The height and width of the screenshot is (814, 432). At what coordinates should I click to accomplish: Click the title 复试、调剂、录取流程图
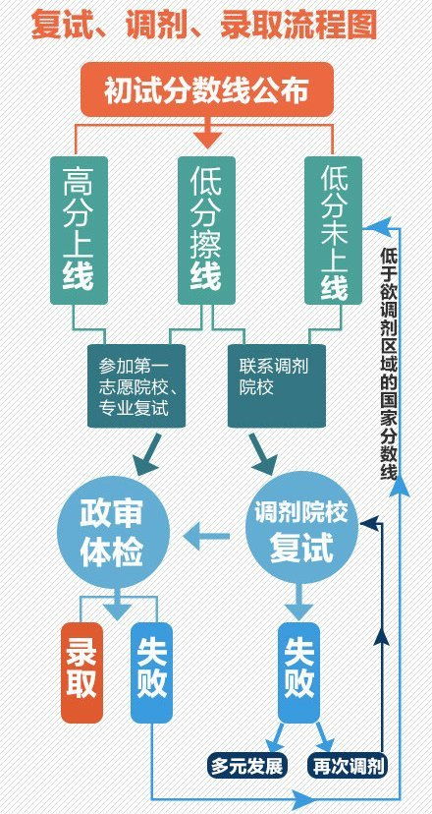pyautogui.click(x=204, y=25)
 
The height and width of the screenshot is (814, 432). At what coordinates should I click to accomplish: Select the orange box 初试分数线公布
pyautogui.click(x=207, y=89)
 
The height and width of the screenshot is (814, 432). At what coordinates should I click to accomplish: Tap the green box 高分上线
pyautogui.click(x=79, y=230)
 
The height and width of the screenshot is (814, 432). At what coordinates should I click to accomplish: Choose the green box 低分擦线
pyautogui.click(x=206, y=230)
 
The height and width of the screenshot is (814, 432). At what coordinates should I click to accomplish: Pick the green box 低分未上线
pyautogui.click(x=333, y=230)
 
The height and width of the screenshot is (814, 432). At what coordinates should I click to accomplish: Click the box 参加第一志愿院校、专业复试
pyautogui.click(x=136, y=385)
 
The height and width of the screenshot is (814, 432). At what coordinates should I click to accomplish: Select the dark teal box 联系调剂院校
pyautogui.click(x=277, y=385)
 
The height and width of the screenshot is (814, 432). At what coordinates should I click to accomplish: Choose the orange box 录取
pyautogui.click(x=81, y=672)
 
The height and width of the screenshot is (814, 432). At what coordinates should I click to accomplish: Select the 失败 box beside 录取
pyautogui.click(x=151, y=672)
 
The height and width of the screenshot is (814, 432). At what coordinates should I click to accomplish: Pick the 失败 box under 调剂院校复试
pyautogui.click(x=298, y=672)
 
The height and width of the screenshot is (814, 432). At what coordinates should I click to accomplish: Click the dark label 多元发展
pyautogui.click(x=247, y=766)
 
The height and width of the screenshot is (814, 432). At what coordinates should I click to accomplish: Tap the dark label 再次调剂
pyautogui.click(x=349, y=766)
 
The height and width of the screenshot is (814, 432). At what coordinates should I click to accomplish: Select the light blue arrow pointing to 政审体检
pyautogui.click(x=206, y=536)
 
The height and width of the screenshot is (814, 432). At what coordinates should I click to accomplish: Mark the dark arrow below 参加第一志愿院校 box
pyautogui.click(x=146, y=454)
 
